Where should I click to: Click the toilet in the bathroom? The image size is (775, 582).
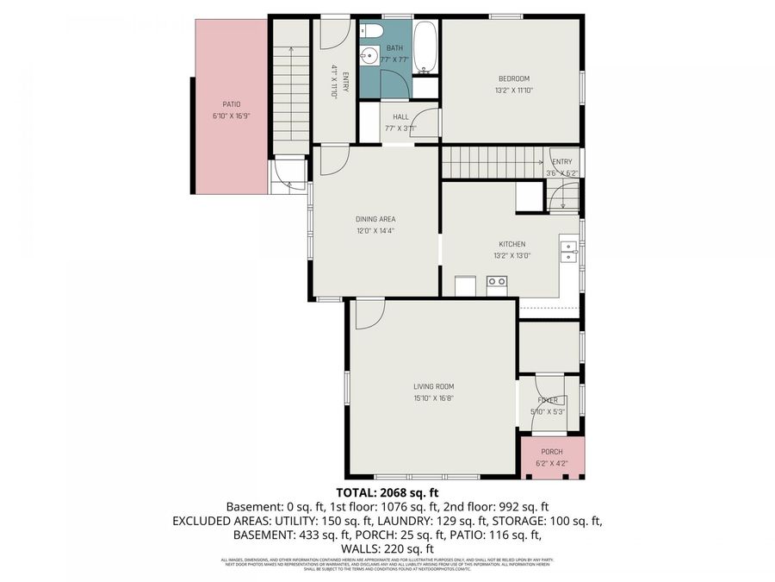(372, 31)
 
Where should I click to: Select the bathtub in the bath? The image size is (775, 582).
(425, 47)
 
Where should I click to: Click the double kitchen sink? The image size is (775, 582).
(568, 252)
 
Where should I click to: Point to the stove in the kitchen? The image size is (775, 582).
(497, 282)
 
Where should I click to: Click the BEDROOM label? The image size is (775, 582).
(513, 79)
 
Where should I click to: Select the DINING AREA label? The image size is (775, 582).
(375, 219)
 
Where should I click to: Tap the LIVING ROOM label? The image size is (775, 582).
(433, 386)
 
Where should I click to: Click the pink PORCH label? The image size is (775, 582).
(552, 452)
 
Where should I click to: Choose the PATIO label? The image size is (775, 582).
(231, 104)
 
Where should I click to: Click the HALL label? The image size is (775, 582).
(400, 117)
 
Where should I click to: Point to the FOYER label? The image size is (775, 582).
(549, 400)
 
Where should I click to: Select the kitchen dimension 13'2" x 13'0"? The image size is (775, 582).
(512, 255)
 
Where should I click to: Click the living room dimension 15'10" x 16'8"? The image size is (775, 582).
(433, 398)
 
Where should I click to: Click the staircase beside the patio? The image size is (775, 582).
(291, 95)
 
